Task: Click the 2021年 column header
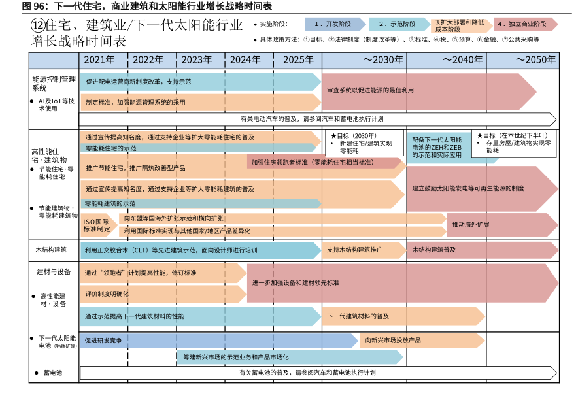[103, 59]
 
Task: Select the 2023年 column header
[201, 59]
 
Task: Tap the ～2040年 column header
[462, 59]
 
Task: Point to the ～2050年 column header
[534, 59]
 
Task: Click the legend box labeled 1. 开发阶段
[335, 24]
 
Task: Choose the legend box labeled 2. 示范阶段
[399, 24]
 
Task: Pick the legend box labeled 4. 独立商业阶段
[525, 24]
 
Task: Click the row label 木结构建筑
[51, 250]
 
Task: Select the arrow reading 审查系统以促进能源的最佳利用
[428, 90]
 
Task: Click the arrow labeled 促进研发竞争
[219, 341]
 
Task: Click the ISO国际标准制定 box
[97, 225]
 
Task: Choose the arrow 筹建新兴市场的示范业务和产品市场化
[288, 357]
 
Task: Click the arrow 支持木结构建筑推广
[363, 250]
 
